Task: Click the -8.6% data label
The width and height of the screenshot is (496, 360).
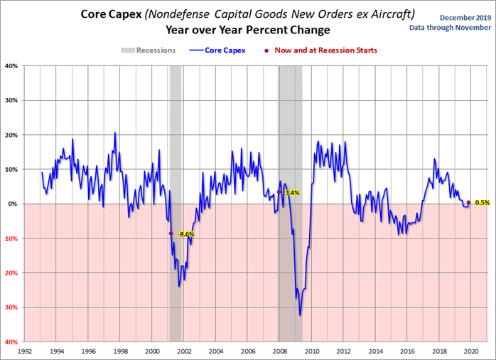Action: [186, 234]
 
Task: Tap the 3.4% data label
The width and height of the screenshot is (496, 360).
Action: [291, 192]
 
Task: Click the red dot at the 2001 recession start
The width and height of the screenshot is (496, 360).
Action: [171, 233]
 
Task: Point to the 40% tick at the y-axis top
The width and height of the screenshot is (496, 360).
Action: [12, 66]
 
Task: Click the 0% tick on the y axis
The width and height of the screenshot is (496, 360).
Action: [14, 204]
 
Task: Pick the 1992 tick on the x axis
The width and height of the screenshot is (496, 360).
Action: [25, 351]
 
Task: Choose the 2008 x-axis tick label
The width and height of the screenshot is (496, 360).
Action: [280, 351]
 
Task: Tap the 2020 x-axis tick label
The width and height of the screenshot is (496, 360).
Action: [471, 351]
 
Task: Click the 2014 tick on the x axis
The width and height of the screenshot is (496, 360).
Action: [375, 351]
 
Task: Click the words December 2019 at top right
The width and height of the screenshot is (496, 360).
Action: [455, 16]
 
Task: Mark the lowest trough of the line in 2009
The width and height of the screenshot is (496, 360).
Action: [300, 315]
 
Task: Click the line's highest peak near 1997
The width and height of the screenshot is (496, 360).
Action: [115, 133]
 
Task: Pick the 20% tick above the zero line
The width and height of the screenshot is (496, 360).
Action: [12, 135]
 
